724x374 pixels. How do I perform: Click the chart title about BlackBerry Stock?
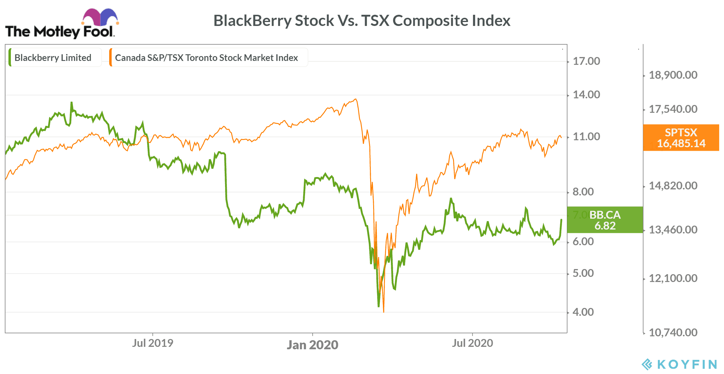click(x=362, y=21)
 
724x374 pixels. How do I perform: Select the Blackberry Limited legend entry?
click(x=53, y=58)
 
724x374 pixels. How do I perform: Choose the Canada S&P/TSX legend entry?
click(x=206, y=58)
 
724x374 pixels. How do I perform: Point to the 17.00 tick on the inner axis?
click(x=586, y=61)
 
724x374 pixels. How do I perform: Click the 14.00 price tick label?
click(x=586, y=95)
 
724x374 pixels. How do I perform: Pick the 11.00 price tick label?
click(x=586, y=137)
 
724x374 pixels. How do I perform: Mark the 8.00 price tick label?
click(x=583, y=192)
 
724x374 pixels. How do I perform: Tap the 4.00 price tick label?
click(x=583, y=312)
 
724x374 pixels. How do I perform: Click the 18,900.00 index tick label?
click(x=673, y=75)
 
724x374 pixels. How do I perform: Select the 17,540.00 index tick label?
click(x=673, y=109)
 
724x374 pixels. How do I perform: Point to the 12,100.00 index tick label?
click(x=673, y=278)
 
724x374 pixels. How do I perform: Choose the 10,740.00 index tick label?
click(x=673, y=333)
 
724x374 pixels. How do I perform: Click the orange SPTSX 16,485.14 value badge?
click(x=681, y=138)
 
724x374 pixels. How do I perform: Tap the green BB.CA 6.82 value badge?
click(x=605, y=220)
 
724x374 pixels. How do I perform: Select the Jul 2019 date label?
click(x=153, y=343)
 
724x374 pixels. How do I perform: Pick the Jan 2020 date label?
click(x=313, y=345)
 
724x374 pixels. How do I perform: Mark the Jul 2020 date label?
click(x=472, y=343)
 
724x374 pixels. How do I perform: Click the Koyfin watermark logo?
click(x=679, y=364)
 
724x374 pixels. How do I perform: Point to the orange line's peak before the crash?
click(x=356, y=99)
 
